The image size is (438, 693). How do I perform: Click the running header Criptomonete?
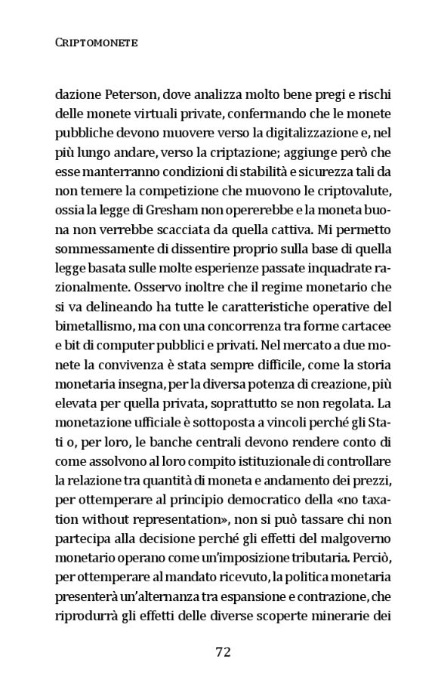96,43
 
